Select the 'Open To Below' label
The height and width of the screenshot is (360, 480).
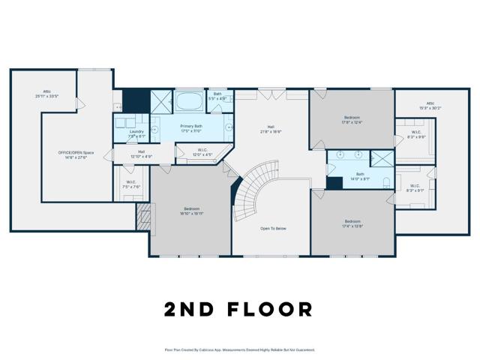coord(274,228)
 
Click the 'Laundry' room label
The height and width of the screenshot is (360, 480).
coord(136,132)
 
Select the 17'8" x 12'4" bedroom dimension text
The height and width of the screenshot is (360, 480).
coord(352,122)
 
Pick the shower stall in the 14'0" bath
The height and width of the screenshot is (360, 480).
coord(382,159)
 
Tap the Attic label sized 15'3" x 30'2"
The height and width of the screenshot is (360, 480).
coord(430,104)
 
